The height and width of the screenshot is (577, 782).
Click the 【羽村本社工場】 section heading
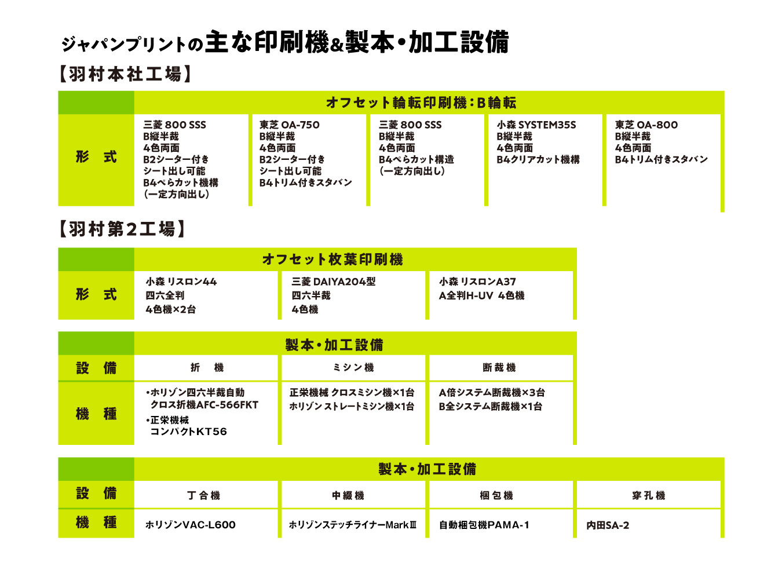click(125, 74)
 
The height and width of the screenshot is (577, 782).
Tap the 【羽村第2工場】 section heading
click(122, 229)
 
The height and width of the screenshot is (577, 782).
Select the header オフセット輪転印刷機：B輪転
click(421, 103)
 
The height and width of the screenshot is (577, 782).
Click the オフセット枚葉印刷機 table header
click(332, 259)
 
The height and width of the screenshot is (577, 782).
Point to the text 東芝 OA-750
click(290, 125)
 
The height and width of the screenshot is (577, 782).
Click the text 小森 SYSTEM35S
click(536, 125)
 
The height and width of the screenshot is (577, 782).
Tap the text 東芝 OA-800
click(646, 125)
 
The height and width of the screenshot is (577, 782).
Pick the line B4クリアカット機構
click(538, 159)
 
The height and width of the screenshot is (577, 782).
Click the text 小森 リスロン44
click(181, 282)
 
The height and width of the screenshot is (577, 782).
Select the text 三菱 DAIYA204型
click(334, 282)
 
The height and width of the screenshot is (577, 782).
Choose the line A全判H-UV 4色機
click(481, 295)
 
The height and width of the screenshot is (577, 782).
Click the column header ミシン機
click(353, 367)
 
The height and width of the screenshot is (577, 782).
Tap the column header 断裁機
click(499, 367)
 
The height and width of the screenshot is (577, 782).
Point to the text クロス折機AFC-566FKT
click(204, 404)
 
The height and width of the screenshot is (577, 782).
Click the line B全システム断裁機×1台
click(491, 406)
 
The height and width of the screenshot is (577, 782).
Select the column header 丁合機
click(203, 495)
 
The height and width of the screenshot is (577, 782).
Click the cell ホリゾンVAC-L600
click(191, 525)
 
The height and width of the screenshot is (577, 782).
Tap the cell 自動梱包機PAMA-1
click(484, 525)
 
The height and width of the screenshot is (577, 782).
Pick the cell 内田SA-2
click(608, 525)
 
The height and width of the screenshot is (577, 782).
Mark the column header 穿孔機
click(648, 495)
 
